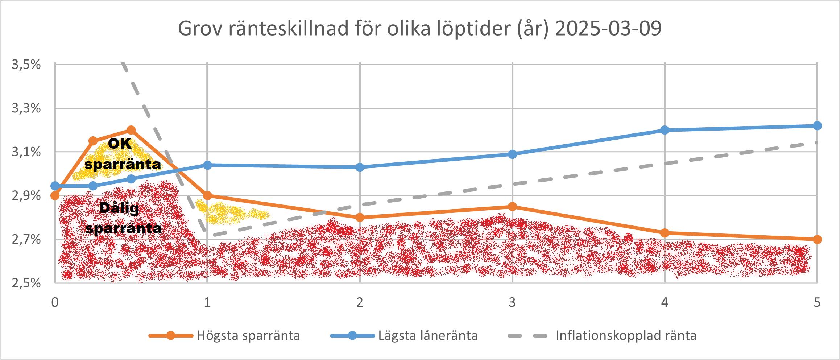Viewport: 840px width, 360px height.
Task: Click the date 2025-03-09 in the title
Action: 608,28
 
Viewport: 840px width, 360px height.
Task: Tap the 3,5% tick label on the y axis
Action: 26,65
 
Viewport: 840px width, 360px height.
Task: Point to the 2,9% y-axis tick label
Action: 26,196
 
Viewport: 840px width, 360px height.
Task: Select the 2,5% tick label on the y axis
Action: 26,283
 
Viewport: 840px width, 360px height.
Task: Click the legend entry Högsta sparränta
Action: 248,335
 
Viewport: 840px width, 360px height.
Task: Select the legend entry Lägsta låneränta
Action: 428,335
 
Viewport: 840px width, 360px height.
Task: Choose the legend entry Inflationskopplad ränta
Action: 626,335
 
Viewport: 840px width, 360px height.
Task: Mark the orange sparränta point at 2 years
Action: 360,218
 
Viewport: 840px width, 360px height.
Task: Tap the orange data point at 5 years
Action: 817,239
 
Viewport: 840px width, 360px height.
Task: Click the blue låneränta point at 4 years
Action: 665,130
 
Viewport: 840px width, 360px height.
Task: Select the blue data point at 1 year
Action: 207,165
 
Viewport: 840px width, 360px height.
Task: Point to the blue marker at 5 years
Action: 817,126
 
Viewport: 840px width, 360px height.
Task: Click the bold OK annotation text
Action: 120,144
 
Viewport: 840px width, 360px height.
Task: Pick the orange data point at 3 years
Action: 512,207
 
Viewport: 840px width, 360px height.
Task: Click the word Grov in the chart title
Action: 200,28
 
